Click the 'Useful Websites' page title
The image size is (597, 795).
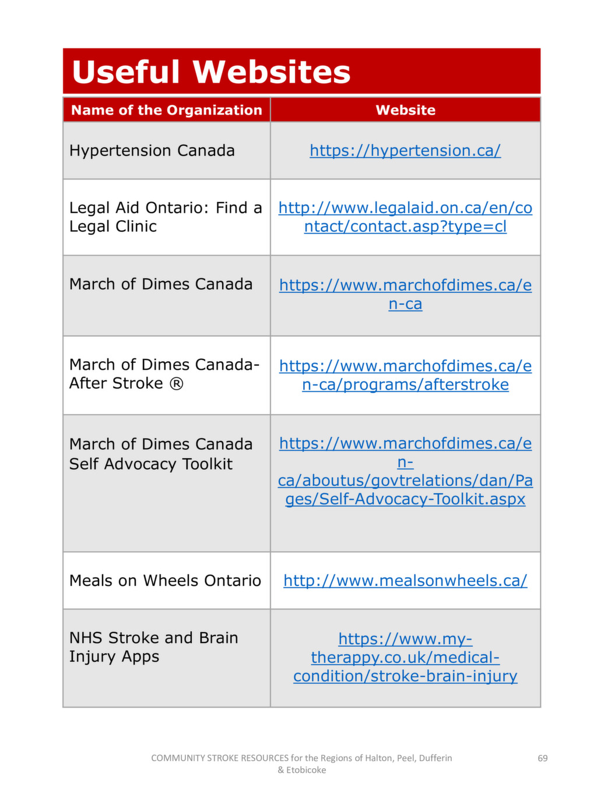pyautogui.click(x=211, y=72)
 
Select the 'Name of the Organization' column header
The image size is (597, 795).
pyautogui.click(x=166, y=110)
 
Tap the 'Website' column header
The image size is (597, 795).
pyautogui.click(x=405, y=110)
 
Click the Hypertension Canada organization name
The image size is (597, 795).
pyautogui.click(x=152, y=150)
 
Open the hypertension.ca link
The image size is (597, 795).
pyautogui.click(x=405, y=150)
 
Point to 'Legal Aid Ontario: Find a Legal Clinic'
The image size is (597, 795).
pyautogui.click(x=165, y=217)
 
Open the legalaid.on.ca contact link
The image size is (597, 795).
pyautogui.click(x=405, y=217)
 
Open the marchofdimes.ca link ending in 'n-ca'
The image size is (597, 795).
pyautogui.click(x=405, y=294)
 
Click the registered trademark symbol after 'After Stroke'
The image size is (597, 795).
pyautogui.click(x=176, y=383)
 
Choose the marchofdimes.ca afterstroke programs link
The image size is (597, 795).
pyautogui.click(x=405, y=375)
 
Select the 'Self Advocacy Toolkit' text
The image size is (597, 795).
pyautogui.click(x=150, y=464)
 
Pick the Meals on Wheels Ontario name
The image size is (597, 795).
pyautogui.click(x=165, y=580)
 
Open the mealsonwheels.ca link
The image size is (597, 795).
pyautogui.click(x=405, y=580)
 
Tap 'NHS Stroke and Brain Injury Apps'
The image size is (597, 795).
pyautogui.click(x=153, y=646)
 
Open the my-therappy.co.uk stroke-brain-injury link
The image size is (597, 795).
pyautogui.click(x=405, y=658)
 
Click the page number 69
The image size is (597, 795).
pyautogui.click(x=542, y=758)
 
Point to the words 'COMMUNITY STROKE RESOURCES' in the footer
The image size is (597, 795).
pyautogui.click(x=220, y=758)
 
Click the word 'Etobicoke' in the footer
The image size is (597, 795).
pyautogui.click(x=306, y=770)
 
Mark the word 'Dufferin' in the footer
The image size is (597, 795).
pyautogui.click(x=435, y=758)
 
